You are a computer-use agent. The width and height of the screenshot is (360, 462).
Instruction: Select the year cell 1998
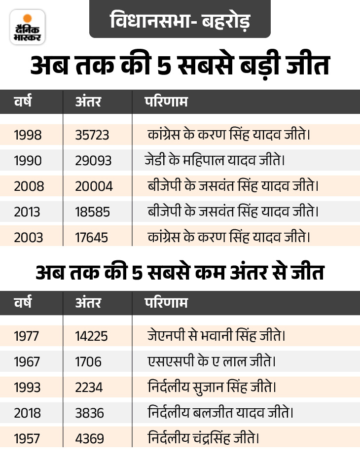28,135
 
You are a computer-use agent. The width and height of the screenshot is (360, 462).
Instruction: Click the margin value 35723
92,135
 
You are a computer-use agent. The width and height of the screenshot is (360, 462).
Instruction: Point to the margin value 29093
93,160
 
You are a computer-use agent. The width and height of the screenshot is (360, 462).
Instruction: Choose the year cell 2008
29,186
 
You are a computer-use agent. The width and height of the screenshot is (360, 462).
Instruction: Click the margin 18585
93,212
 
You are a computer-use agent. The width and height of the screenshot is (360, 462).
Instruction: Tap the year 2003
29,237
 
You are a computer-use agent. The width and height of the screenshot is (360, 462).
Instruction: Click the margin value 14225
92,336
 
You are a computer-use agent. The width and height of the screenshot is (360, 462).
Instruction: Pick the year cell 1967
28,362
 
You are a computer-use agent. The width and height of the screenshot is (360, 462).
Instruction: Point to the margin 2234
89,387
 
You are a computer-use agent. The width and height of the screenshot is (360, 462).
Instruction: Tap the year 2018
28,413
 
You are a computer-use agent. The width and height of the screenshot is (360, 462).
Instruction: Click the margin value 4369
90,438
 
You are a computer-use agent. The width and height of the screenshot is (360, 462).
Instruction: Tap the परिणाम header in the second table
166,303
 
